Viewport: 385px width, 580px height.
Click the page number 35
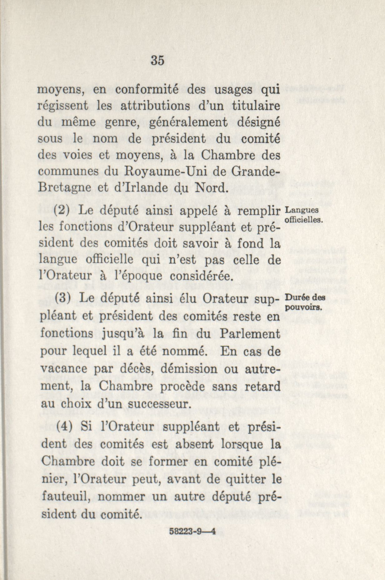[x=157, y=61]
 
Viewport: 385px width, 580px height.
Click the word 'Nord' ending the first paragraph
[x=208, y=188]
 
